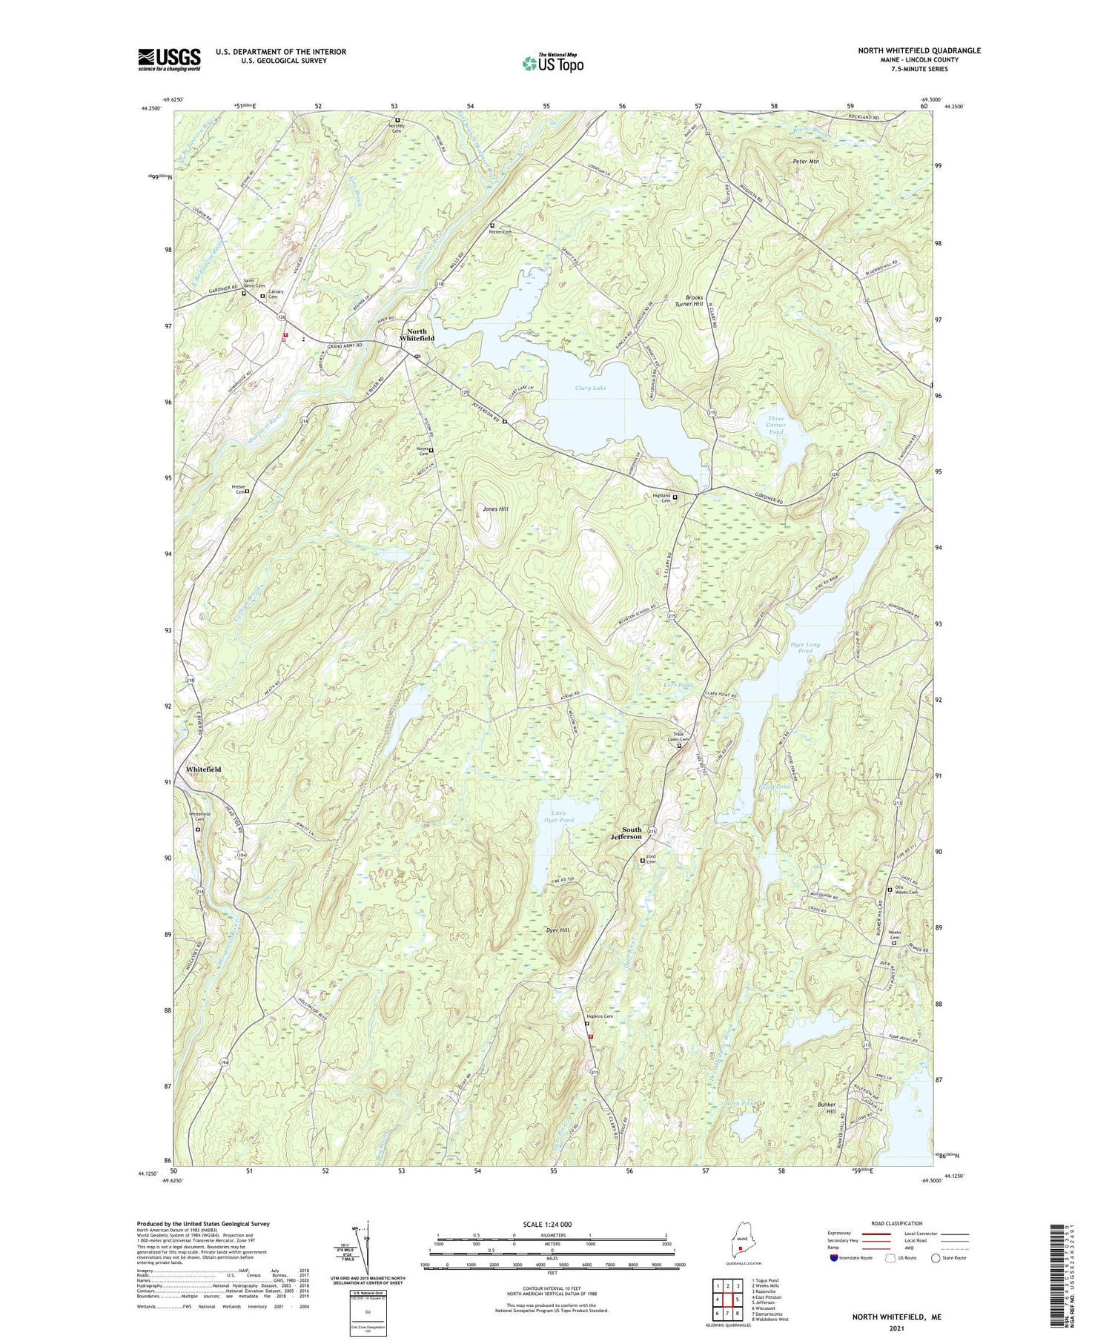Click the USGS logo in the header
tap(169, 59)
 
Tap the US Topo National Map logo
tap(552, 63)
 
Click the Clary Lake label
tap(590, 388)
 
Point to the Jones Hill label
tap(495, 509)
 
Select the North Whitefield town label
tap(417, 335)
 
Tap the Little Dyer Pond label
tap(559, 816)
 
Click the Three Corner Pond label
tap(776, 425)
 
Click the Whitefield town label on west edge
tap(204, 769)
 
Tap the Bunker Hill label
tap(826, 1109)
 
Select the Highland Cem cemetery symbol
tap(675, 497)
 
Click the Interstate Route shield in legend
tap(835, 1258)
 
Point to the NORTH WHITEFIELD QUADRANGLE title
tap(919, 50)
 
